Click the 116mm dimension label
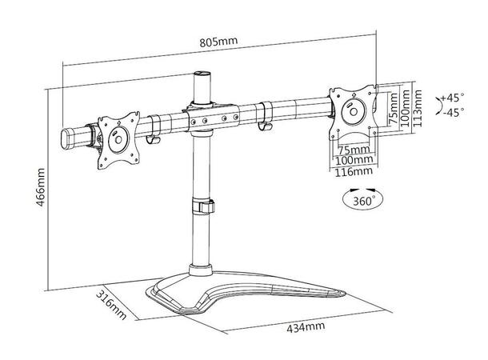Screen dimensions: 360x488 click(x=354, y=171)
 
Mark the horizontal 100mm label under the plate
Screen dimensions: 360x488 click(x=354, y=160)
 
